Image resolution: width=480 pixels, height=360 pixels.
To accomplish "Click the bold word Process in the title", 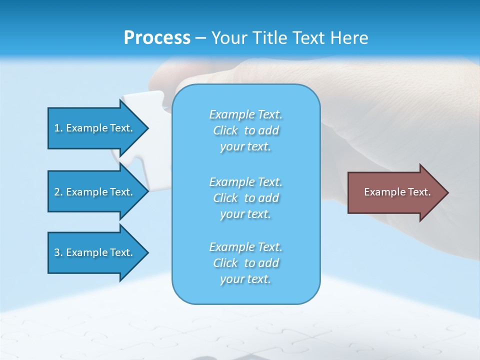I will point(157,38).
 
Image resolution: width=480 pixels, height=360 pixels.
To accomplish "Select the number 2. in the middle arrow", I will point(58,192).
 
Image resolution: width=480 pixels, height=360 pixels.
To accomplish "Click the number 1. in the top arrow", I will point(58,128).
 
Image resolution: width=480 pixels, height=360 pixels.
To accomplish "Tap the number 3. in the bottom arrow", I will point(58,252).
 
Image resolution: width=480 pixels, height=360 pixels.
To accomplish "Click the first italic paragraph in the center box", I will point(245,130).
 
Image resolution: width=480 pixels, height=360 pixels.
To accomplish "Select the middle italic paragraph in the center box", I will point(245,198).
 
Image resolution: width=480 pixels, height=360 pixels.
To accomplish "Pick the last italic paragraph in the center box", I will point(245,263).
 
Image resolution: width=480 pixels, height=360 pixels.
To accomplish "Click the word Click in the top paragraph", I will point(225,130).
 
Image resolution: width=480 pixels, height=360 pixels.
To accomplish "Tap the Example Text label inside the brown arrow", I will point(397,192).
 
